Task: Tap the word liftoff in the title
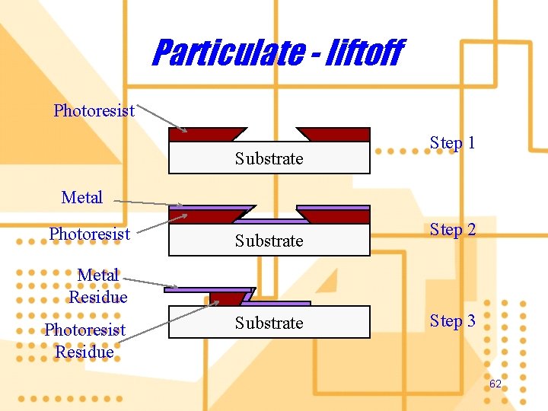(x=359, y=53)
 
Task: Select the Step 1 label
(x=452, y=142)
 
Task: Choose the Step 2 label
(x=452, y=229)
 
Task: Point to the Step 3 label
(x=452, y=320)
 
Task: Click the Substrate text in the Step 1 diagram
(x=269, y=158)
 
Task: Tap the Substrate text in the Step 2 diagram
(x=269, y=241)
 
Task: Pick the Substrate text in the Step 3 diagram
(x=269, y=323)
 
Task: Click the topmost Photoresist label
(x=94, y=110)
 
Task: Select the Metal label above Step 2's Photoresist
(x=81, y=197)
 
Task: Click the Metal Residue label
(x=98, y=285)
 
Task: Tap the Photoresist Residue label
(x=84, y=341)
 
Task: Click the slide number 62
(x=495, y=384)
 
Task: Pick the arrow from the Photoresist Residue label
(x=167, y=320)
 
